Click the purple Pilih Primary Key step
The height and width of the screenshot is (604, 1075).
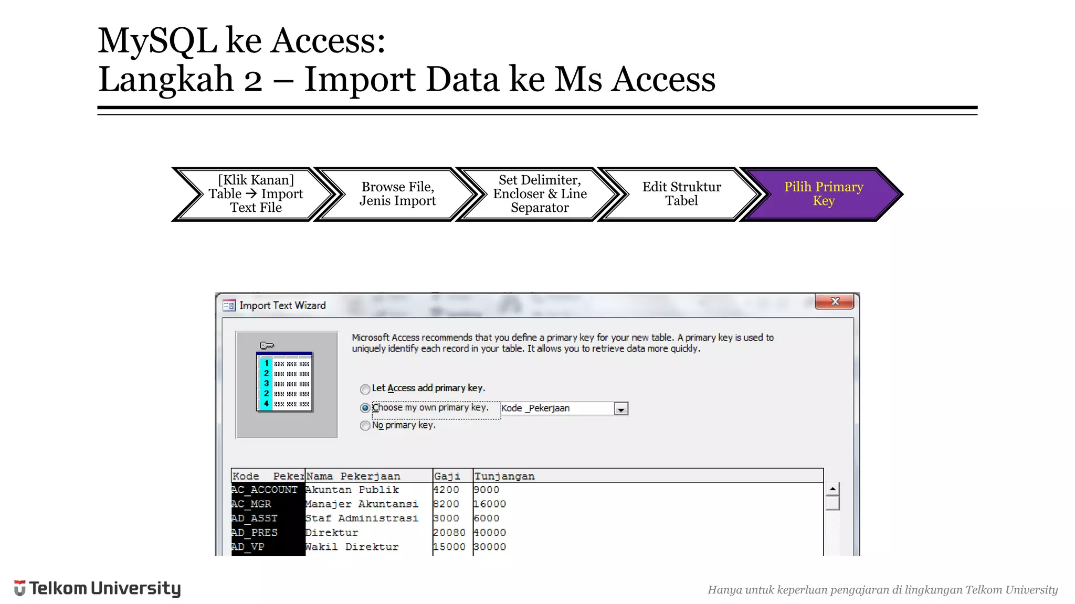coord(823,194)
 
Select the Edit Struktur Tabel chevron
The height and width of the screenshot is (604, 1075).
coord(681,194)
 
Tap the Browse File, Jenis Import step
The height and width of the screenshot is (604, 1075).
coord(397,194)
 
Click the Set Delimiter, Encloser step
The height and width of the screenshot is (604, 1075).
coord(540,194)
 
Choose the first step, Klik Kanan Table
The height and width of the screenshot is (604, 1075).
coord(256,194)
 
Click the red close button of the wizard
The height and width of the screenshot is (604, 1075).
coord(835,301)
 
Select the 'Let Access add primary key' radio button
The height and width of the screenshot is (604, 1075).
coord(365,389)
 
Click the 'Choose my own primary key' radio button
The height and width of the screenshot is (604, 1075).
coord(365,408)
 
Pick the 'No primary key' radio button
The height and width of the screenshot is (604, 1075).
coord(365,426)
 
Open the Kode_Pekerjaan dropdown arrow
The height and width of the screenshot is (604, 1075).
coord(621,409)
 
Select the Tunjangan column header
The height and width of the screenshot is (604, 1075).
coord(504,476)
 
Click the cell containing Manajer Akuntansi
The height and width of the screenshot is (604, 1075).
coord(362,504)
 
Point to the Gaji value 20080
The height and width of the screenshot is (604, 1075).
coord(449,533)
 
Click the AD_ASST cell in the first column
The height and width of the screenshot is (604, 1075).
coord(255,519)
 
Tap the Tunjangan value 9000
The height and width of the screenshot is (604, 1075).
coord(487,490)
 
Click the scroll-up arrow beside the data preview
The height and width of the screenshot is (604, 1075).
coord(832,489)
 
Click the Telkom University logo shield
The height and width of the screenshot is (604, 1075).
coord(19,588)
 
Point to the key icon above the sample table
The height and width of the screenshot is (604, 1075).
coord(267,345)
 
